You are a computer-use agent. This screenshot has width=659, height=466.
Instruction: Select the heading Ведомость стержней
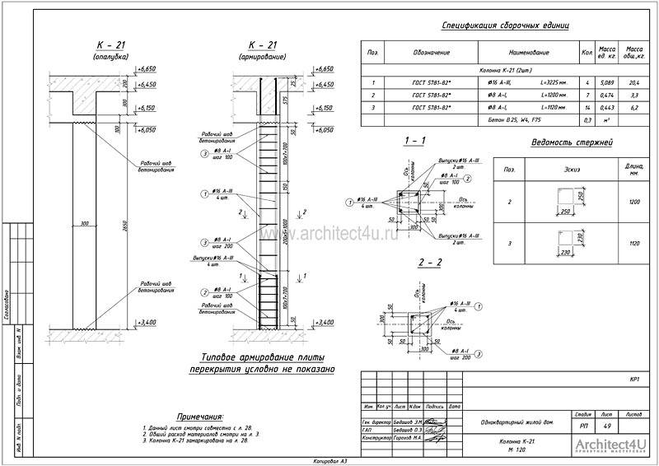[x=573, y=143]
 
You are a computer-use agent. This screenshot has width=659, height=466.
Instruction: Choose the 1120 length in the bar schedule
[x=634, y=244]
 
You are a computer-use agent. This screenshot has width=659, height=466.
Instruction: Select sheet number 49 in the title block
[x=607, y=426]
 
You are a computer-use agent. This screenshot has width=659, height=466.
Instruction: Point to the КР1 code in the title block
[x=634, y=380]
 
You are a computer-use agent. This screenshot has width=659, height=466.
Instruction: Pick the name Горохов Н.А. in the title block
[x=409, y=438]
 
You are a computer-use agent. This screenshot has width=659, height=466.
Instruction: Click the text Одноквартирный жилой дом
[x=510, y=423]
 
